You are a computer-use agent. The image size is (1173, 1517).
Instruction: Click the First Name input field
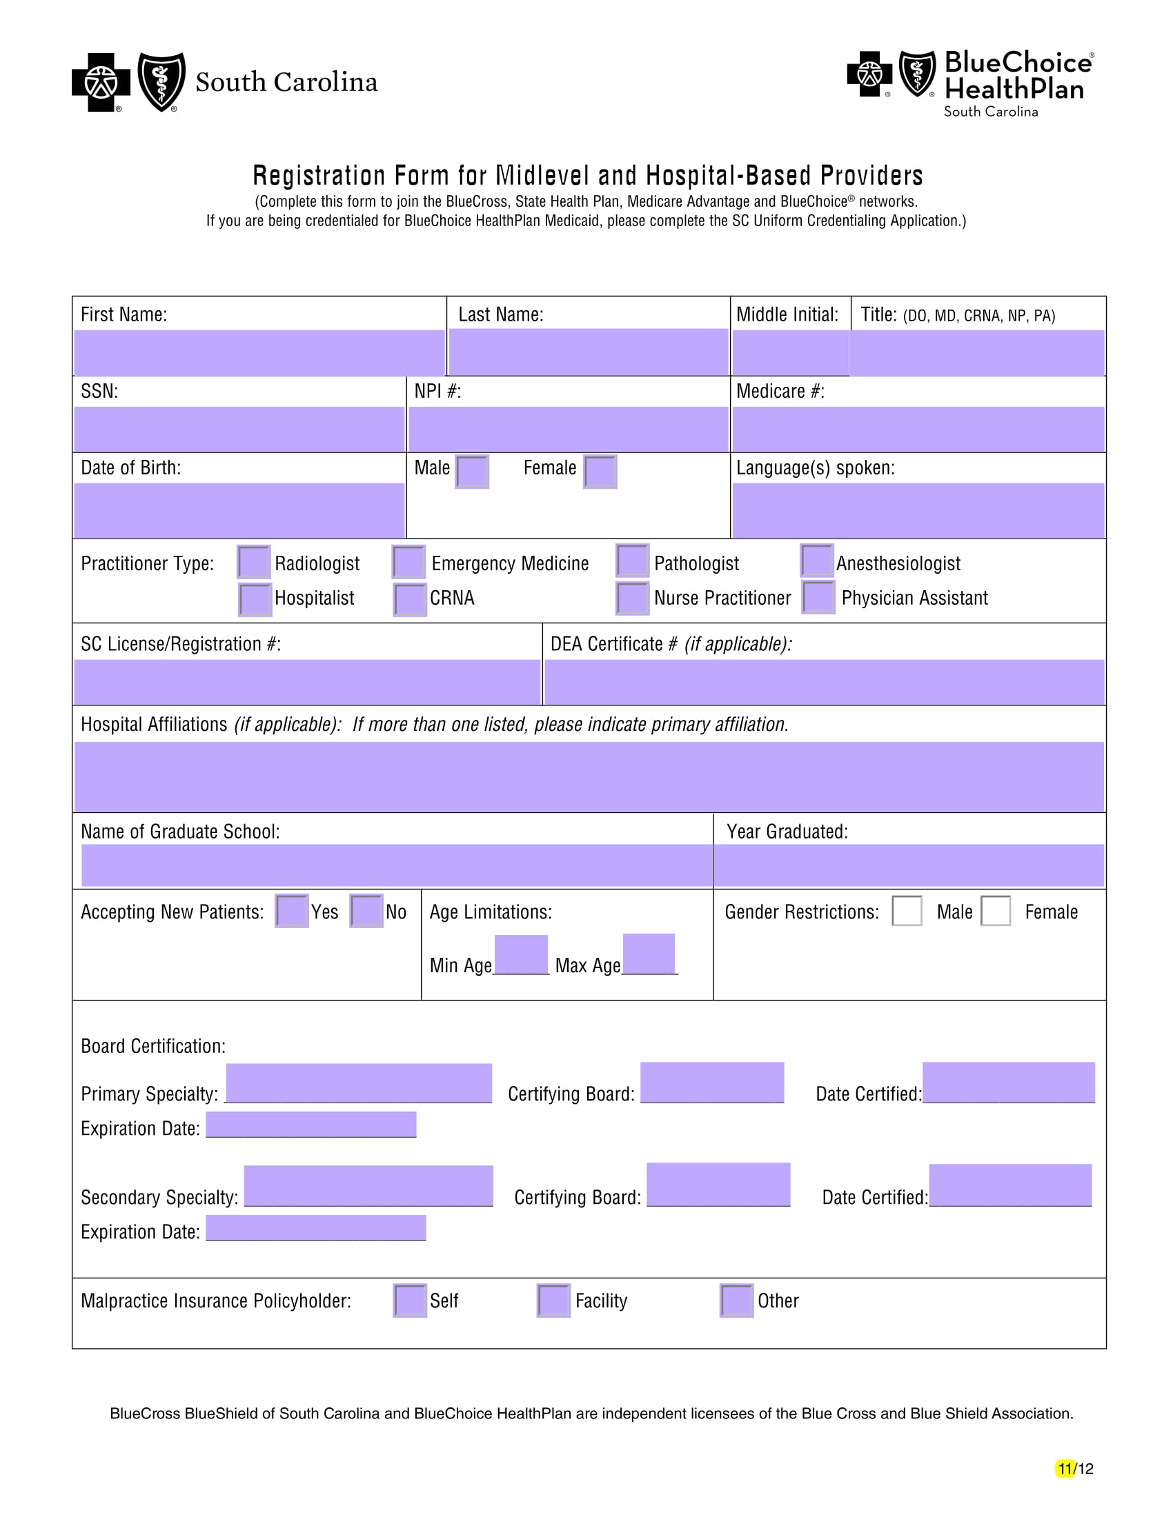[x=259, y=352]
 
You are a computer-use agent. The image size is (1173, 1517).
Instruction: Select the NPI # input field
[x=568, y=430]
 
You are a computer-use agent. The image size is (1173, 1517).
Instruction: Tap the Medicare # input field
[x=918, y=430]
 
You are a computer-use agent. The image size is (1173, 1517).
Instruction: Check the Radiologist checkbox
[x=254, y=562]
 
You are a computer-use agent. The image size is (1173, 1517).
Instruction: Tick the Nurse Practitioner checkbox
[x=632, y=598]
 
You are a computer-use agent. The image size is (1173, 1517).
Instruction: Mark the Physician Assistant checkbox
[x=818, y=597]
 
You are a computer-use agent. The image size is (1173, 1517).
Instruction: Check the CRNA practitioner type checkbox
[x=409, y=599]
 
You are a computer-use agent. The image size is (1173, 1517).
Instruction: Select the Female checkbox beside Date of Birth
[x=600, y=472]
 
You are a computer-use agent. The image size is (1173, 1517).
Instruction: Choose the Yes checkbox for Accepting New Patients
[x=292, y=911]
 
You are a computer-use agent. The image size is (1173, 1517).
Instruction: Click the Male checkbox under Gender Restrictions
[x=907, y=911]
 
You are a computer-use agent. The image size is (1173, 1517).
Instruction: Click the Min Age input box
[x=521, y=954]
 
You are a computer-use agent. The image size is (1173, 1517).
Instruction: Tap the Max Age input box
[x=649, y=954]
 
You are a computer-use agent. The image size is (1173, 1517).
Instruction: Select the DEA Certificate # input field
[x=824, y=682]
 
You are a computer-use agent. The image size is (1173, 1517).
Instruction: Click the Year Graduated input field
[x=909, y=865]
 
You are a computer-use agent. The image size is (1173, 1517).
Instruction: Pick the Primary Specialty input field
[x=359, y=1082]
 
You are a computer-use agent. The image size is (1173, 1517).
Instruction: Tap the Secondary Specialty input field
[x=368, y=1185]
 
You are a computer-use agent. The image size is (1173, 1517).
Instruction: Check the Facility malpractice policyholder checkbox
[x=554, y=1300]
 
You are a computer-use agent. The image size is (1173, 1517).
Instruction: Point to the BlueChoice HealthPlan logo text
[x=1017, y=76]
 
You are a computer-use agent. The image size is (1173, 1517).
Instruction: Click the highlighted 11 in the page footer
[x=1065, y=1468]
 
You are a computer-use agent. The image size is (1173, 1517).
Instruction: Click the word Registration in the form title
[x=319, y=176]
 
